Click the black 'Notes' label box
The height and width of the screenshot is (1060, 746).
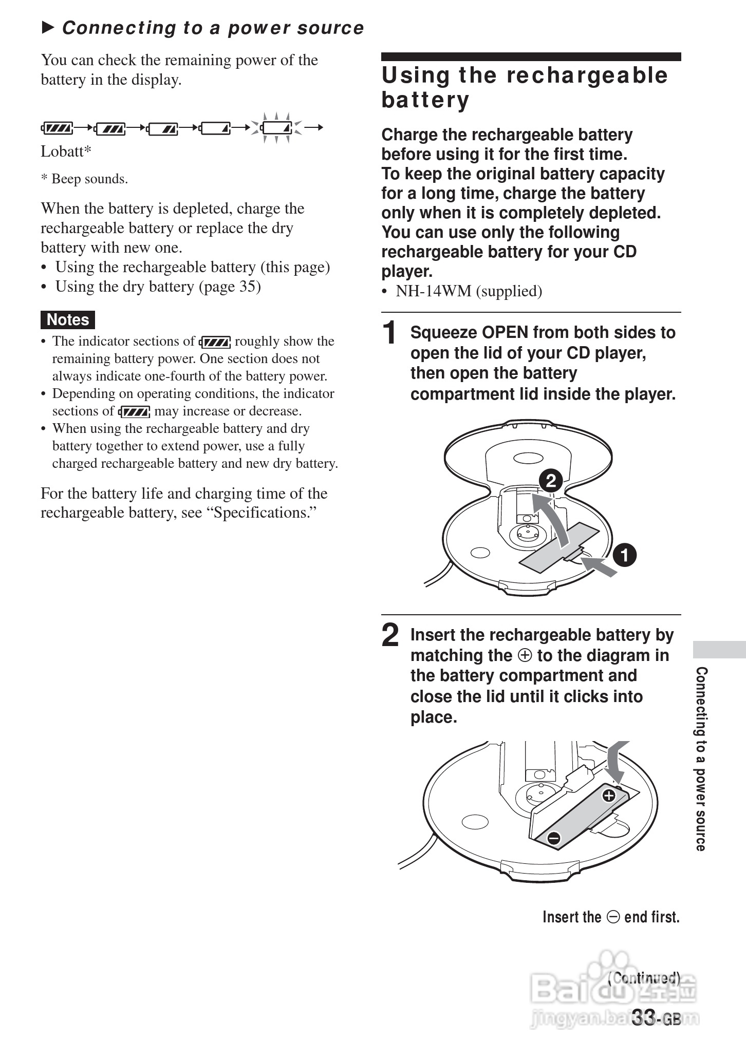click(68, 319)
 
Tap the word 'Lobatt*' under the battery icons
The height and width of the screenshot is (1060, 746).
click(66, 152)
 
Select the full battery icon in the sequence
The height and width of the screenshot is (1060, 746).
click(58, 127)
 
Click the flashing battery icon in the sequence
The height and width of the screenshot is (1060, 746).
click(276, 127)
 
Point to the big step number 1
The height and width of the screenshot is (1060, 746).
click(390, 332)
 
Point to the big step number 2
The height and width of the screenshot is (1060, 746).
click(390, 635)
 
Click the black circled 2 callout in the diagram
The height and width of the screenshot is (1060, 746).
click(550, 481)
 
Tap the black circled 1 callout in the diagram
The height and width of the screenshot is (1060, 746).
click(624, 555)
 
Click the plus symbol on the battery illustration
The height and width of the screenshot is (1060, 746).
click(608, 796)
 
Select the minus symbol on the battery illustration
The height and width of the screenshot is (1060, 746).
click(553, 838)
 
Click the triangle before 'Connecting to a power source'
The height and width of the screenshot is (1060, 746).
click(48, 27)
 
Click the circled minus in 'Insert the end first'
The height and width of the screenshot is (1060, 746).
click(613, 917)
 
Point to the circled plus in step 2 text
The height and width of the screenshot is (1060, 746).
click(525, 656)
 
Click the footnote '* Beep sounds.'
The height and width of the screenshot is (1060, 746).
click(84, 179)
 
